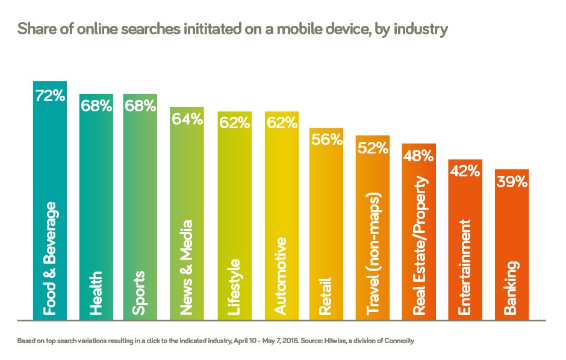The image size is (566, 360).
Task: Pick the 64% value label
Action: [x=187, y=120]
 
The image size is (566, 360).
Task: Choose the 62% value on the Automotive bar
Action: [x=282, y=123]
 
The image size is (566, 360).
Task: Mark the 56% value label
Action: [x=326, y=140]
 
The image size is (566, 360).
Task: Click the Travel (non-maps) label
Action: [x=373, y=255]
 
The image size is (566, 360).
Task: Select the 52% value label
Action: [x=373, y=148]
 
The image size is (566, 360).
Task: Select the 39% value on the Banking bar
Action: [x=512, y=181]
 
